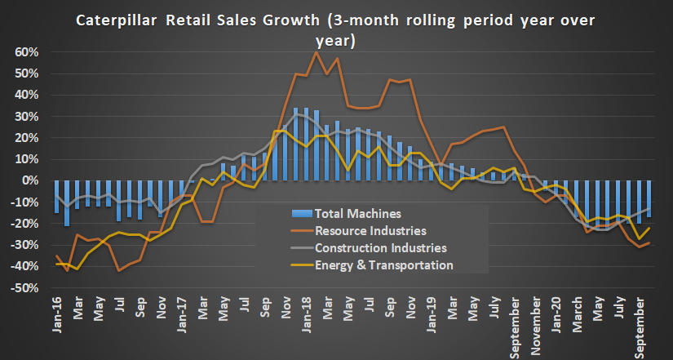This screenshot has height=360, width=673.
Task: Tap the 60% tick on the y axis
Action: click(26, 52)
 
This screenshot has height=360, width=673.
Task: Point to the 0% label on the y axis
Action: click(29, 180)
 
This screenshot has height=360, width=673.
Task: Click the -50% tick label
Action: click(24, 287)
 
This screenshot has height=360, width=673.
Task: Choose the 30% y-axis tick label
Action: click(26, 116)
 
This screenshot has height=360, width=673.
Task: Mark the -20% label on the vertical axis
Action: click(24, 223)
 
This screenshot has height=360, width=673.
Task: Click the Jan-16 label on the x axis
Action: click(57, 312)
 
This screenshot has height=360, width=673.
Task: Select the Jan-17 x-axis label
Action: click(183, 312)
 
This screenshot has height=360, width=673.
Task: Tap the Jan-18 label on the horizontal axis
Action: click(308, 312)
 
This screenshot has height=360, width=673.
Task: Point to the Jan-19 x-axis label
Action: click(432, 312)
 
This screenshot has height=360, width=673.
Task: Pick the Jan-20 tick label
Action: click(557, 312)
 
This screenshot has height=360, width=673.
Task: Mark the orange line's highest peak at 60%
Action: click(316, 53)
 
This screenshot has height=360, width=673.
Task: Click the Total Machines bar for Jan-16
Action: click(56, 196)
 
